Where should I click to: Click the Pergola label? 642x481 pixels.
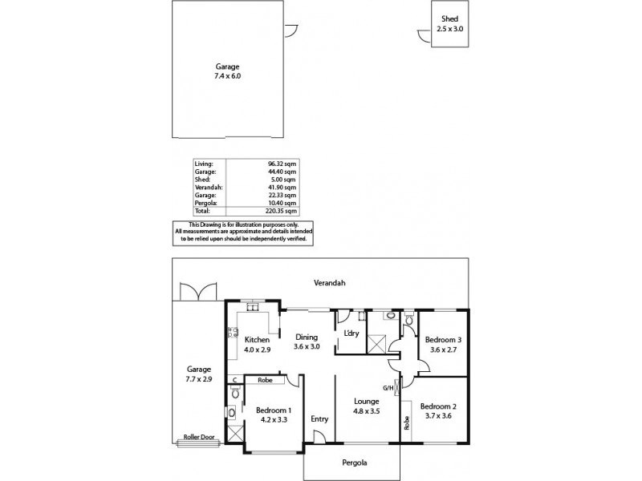[351, 463]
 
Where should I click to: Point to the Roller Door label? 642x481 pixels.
[200, 439]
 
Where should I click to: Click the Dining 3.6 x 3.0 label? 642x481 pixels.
[307, 342]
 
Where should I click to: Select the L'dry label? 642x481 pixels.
[350, 333]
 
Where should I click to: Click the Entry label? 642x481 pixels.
[319, 418]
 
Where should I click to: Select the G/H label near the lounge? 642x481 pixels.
[388, 388]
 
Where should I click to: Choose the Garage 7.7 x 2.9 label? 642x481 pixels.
[198, 374]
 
